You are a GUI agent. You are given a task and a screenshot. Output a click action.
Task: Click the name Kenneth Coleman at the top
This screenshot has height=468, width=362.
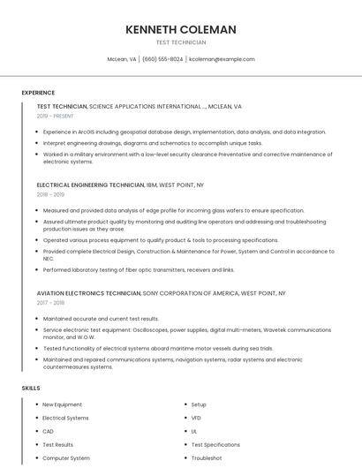click(181, 29)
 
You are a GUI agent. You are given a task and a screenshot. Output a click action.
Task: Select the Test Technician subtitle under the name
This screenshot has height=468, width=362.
click(181, 42)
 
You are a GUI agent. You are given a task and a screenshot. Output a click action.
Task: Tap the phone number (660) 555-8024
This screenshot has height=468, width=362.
click(162, 59)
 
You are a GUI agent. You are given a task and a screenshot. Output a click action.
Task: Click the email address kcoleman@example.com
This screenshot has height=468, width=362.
click(222, 59)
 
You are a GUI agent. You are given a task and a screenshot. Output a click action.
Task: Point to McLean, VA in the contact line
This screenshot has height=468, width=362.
click(122, 59)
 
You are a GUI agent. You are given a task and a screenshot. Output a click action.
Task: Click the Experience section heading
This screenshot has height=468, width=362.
click(38, 93)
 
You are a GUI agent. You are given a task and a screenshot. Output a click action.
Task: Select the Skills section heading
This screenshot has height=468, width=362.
click(30, 388)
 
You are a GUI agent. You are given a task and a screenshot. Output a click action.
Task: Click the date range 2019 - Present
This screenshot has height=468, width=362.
click(56, 116)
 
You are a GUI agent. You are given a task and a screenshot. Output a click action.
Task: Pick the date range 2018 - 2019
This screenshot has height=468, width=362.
click(50, 194)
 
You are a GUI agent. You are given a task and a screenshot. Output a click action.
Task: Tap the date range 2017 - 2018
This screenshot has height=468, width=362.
click(50, 302)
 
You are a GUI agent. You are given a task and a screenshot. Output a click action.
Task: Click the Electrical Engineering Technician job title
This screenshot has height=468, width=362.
click(90, 185)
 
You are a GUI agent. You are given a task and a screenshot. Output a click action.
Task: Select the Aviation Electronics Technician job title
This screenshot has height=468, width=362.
click(88, 292)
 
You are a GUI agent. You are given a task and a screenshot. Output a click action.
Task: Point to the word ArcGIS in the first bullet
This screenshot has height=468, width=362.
click(86, 132)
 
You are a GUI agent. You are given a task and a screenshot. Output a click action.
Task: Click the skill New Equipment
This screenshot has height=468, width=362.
click(62, 404)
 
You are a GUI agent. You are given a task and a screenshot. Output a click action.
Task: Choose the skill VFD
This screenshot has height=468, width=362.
click(196, 418)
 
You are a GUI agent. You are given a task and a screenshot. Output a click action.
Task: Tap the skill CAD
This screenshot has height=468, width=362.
click(48, 431)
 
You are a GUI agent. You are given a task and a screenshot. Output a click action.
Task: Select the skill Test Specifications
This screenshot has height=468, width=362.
click(215, 445)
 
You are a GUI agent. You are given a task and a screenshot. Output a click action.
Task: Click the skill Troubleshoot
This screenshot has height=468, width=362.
click(206, 458)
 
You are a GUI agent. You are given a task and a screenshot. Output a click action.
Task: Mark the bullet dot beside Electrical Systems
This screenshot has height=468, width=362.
click(36, 418)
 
